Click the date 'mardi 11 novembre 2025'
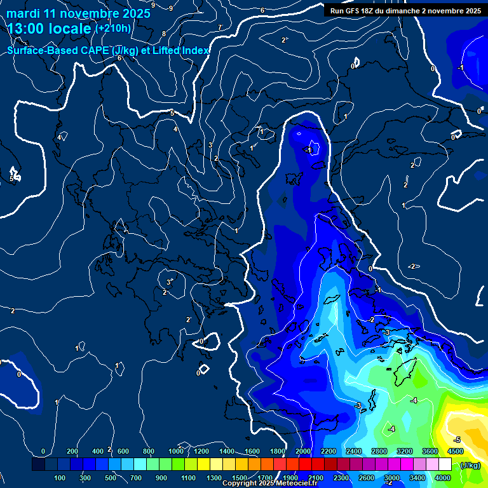(79, 13)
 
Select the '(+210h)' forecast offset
(113, 29)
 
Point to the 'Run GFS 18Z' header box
(405, 11)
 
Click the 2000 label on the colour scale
(303, 451)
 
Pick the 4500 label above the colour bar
(455, 451)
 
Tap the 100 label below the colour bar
(60, 477)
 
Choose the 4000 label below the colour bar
(443, 477)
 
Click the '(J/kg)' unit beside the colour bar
(470, 465)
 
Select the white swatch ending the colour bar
(445, 465)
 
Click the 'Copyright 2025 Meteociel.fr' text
(271, 484)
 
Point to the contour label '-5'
(456, 440)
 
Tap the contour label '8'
(164, 34)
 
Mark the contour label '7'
(220, 27)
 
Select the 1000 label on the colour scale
(176, 451)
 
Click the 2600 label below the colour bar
(367, 477)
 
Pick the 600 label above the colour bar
(123, 451)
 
